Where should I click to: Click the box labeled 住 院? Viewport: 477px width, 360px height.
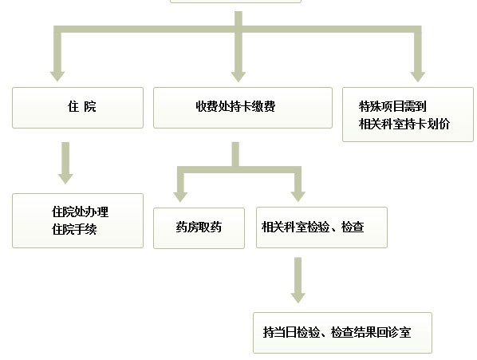(x=77, y=108)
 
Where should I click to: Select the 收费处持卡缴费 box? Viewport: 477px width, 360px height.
(x=242, y=108)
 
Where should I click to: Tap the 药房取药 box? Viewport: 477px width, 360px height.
(x=199, y=228)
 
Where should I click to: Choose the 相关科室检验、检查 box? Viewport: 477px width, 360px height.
(x=321, y=227)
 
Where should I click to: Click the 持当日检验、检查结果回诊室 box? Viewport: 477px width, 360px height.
(x=342, y=333)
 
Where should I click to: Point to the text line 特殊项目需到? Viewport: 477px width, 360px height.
(x=392, y=106)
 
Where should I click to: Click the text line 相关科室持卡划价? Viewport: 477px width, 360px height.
(x=404, y=125)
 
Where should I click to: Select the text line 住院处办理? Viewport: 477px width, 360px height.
(x=80, y=212)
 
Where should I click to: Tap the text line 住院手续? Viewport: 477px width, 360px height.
(x=74, y=229)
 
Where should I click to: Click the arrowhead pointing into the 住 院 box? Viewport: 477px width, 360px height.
(x=57, y=77)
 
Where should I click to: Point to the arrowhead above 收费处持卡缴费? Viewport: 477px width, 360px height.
(x=238, y=77)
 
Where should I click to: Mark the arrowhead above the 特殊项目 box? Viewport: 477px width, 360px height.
(x=418, y=77)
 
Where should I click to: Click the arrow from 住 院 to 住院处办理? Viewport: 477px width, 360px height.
(x=65, y=163)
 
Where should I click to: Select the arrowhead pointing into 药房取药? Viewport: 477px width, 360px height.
(x=180, y=197)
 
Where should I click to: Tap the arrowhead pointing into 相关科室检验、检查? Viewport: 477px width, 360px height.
(x=298, y=197)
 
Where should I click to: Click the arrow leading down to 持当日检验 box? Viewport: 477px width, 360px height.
(x=298, y=280)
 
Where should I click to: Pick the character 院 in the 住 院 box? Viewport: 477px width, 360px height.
(x=90, y=107)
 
